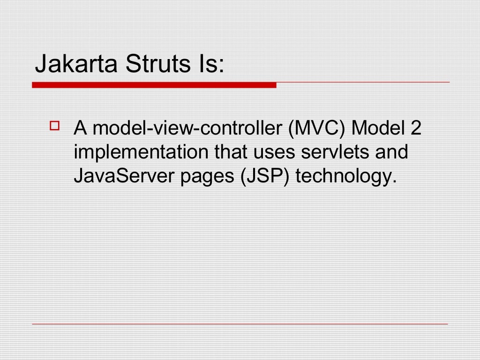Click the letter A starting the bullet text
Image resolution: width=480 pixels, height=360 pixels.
pyautogui.click(x=80, y=128)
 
